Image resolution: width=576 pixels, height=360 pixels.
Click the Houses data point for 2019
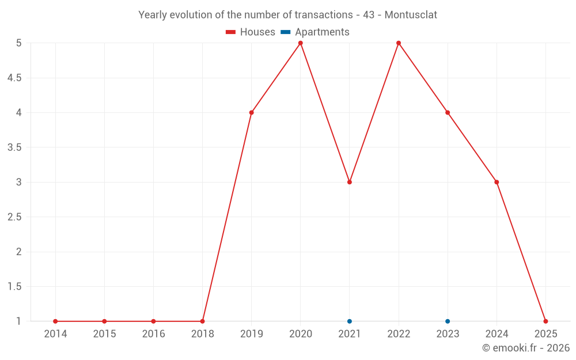(252, 112)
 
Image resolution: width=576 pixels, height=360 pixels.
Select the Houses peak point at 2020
(301, 43)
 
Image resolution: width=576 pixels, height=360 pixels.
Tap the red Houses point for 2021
(350, 182)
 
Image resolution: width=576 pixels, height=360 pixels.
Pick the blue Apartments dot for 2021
(350, 321)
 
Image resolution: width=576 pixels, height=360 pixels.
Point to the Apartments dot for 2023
(448, 321)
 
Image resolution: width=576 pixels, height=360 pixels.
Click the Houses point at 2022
(399, 43)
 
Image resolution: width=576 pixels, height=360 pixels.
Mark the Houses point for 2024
(497, 182)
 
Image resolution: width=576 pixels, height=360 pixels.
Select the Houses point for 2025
(545, 321)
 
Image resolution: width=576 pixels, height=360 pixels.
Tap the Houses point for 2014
(55, 321)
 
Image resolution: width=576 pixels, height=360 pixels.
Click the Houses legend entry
(251, 32)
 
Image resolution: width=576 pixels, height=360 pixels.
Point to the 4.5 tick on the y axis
(14, 78)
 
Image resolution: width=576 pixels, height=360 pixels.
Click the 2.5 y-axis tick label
(14, 217)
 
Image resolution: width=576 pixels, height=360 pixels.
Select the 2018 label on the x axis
(202, 334)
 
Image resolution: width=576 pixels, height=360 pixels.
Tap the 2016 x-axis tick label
(153, 334)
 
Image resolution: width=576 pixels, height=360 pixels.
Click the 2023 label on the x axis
(448, 334)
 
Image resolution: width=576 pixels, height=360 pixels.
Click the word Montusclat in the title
(411, 15)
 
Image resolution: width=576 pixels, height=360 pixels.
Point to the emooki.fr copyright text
(526, 348)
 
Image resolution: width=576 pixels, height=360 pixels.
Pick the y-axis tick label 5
(19, 43)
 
